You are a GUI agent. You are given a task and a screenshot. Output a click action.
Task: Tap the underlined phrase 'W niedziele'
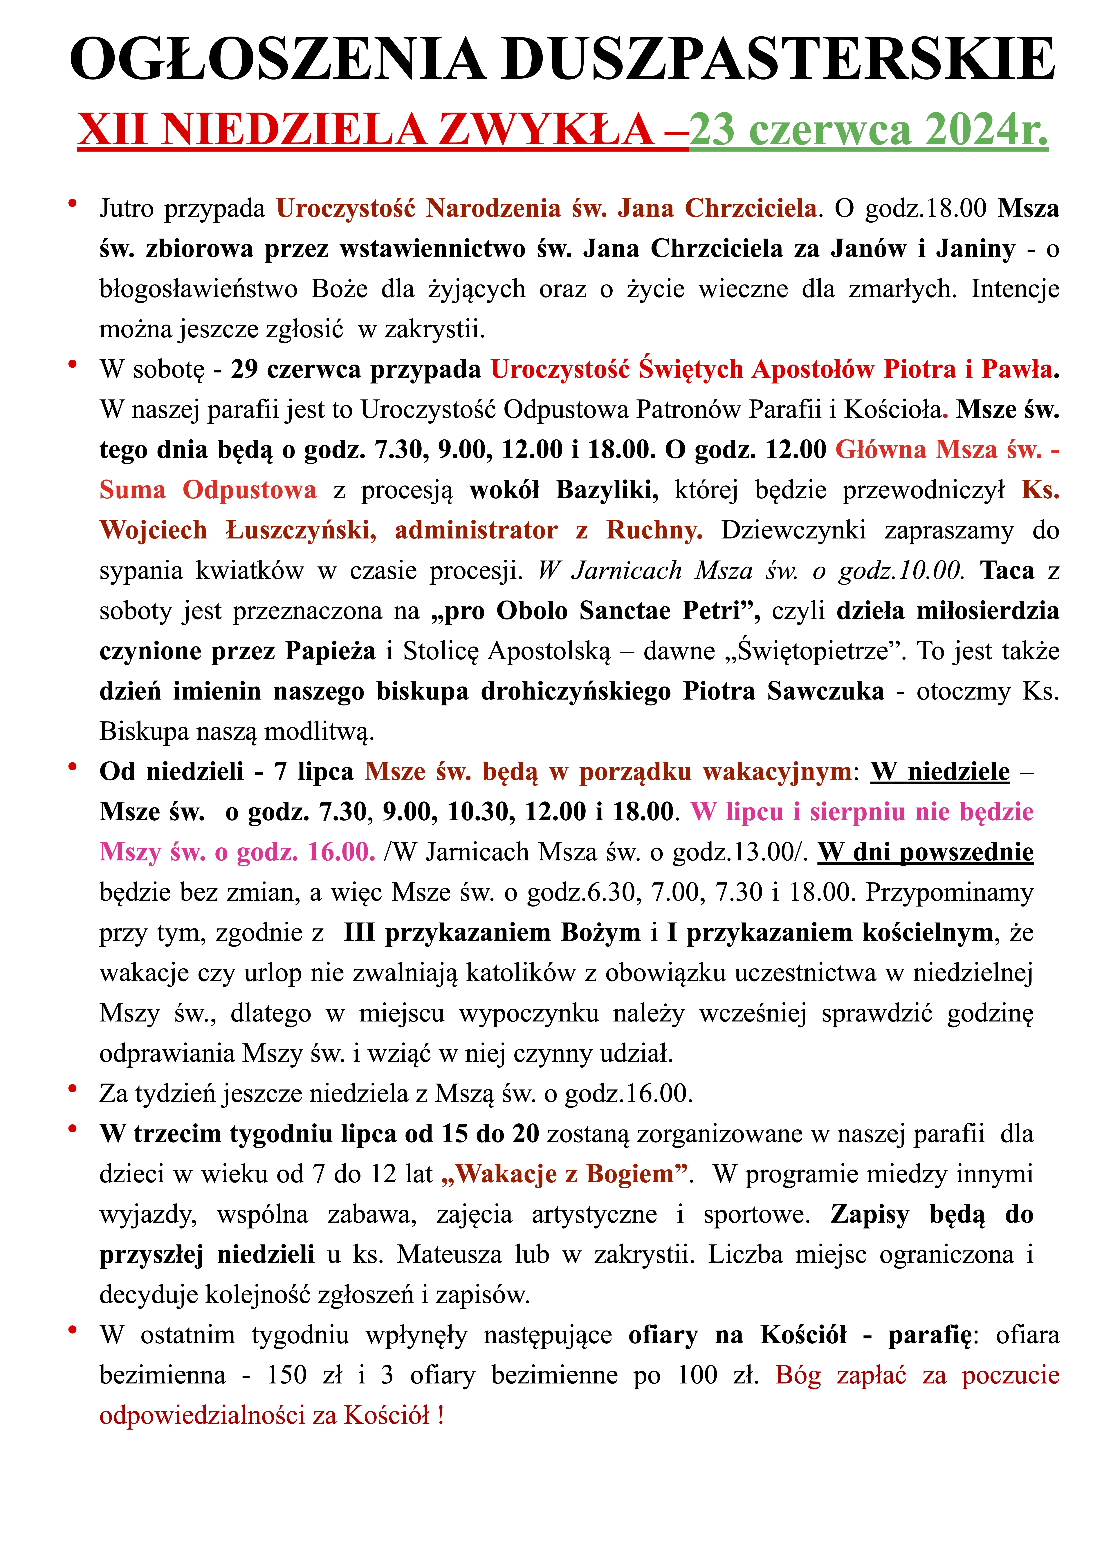(940, 772)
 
